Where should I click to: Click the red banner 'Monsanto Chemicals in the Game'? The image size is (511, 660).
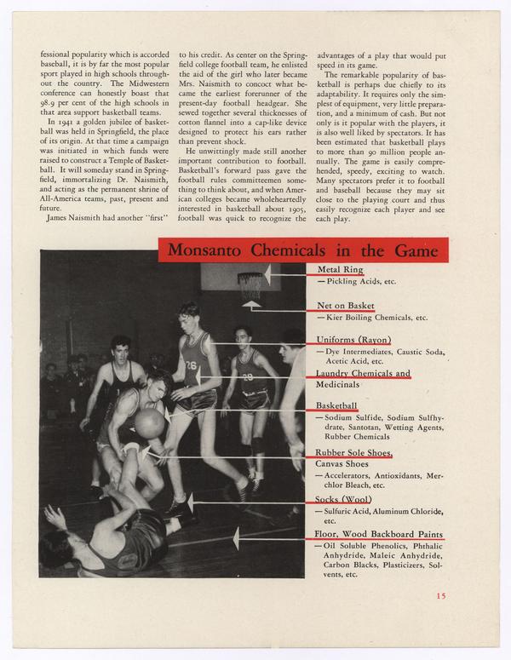pos(302,250)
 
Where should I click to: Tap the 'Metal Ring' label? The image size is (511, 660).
pos(340,270)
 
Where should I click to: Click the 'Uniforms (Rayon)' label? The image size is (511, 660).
pos(353,340)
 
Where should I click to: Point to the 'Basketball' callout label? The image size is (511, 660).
pos(336,406)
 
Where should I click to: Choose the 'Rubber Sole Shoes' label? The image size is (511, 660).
pos(353,453)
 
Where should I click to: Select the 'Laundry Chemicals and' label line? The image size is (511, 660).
pos(363,374)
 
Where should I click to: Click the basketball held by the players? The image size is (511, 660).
pos(150,423)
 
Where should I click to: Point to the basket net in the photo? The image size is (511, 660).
pos(250,286)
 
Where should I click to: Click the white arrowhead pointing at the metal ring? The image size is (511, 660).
pos(267,274)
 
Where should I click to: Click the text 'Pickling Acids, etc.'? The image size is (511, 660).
pos(357,281)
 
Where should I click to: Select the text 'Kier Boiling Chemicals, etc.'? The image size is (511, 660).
pos(371,317)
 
